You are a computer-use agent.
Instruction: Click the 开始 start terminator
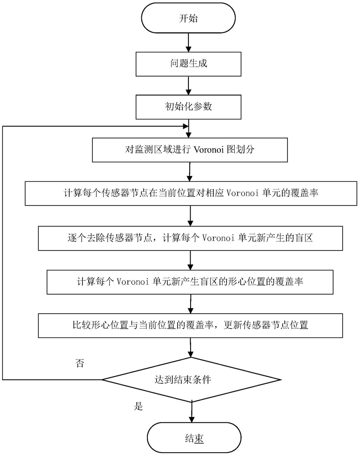pyautogui.click(x=188, y=18)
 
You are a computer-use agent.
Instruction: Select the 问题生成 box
pyautogui.click(x=188, y=64)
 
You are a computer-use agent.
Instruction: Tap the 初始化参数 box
pyautogui.click(x=188, y=107)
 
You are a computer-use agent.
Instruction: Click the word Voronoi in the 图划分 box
pyautogui.click(x=208, y=150)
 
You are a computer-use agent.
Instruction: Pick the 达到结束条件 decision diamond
pyautogui.click(x=191, y=379)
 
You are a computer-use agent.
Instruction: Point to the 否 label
pyautogui.click(x=80, y=363)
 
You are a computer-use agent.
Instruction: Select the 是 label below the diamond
pyautogui.click(x=139, y=406)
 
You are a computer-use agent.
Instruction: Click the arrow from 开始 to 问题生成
pyautogui.click(x=188, y=42)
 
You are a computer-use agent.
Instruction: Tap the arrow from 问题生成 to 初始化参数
pyautogui.click(x=188, y=86)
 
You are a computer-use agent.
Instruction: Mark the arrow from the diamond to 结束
pyautogui.click(x=191, y=412)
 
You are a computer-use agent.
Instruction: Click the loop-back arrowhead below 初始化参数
pyautogui.click(x=185, y=126)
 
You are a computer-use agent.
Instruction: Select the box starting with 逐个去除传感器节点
pyautogui.click(x=190, y=238)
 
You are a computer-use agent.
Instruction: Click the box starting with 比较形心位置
pyautogui.click(x=190, y=325)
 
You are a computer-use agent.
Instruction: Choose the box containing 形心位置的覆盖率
pyautogui.click(x=190, y=282)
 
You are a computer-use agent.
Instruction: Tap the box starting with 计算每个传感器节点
pyautogui.click(x=191, y=193)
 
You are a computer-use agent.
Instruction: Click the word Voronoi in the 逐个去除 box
pyautogui.click(x=218, y=238)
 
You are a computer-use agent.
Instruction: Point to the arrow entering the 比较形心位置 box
pyautogui.click(x=191, y=304)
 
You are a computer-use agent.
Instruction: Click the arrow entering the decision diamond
pyautogui.click(x=191, y=347)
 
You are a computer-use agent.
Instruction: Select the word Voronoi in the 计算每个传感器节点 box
pyautogui.click(x=242, y=193)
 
